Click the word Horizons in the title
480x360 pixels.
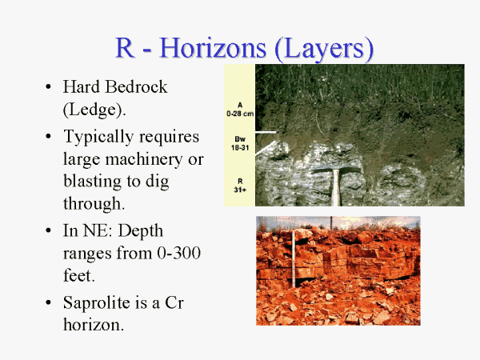[213, 48]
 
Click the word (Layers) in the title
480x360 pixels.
[324, 49]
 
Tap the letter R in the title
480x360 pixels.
[125, 47]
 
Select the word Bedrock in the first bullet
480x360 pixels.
[136, 86]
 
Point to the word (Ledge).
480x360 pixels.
[94, 110]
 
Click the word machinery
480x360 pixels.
[144, 159]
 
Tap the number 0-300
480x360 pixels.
[178, 253]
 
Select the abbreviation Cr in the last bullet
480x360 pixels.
[174, 302]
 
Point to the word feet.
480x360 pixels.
[79, 275]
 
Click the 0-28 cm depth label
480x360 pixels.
[240, 114]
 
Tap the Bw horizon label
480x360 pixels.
[240, 139]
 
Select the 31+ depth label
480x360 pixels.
[240, 190]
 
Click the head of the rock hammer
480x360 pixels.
[336, 167]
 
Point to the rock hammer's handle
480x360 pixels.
[336, 188]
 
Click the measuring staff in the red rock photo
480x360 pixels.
[294, 258]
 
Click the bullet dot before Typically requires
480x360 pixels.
[48, 136]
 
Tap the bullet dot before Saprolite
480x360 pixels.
[48, 302]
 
